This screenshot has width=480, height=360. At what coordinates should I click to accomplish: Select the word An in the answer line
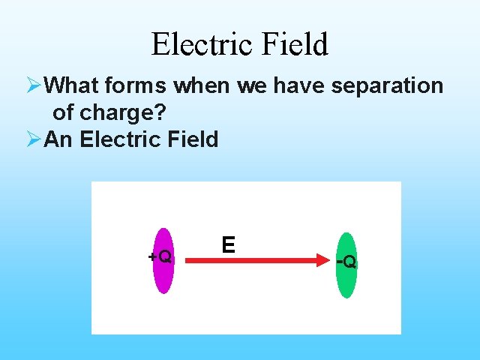[57, 139]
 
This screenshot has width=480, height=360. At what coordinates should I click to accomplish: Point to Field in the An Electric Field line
[191, 139]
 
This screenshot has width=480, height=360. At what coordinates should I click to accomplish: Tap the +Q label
[160, 256]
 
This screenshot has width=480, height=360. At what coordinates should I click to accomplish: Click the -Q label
[346, 262]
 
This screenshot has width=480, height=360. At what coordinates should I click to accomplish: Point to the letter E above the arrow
[228, 244]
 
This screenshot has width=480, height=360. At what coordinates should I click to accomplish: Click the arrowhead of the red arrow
[328, 260]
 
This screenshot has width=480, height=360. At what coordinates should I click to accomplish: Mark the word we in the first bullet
[253, 86]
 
